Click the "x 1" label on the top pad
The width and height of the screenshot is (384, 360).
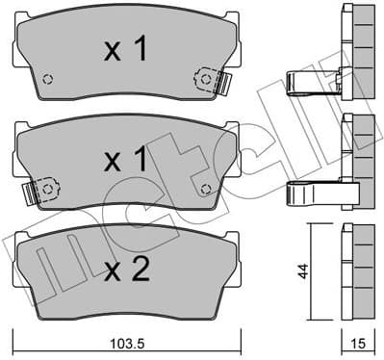[x=126, y=50]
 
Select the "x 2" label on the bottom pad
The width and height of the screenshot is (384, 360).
[x=126, y=270]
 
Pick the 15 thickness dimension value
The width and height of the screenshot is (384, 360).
[x=357, y=343]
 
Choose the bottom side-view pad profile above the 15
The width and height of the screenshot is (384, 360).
[x=357, y=273]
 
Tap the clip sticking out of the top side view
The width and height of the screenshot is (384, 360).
[x=313, y=84]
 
